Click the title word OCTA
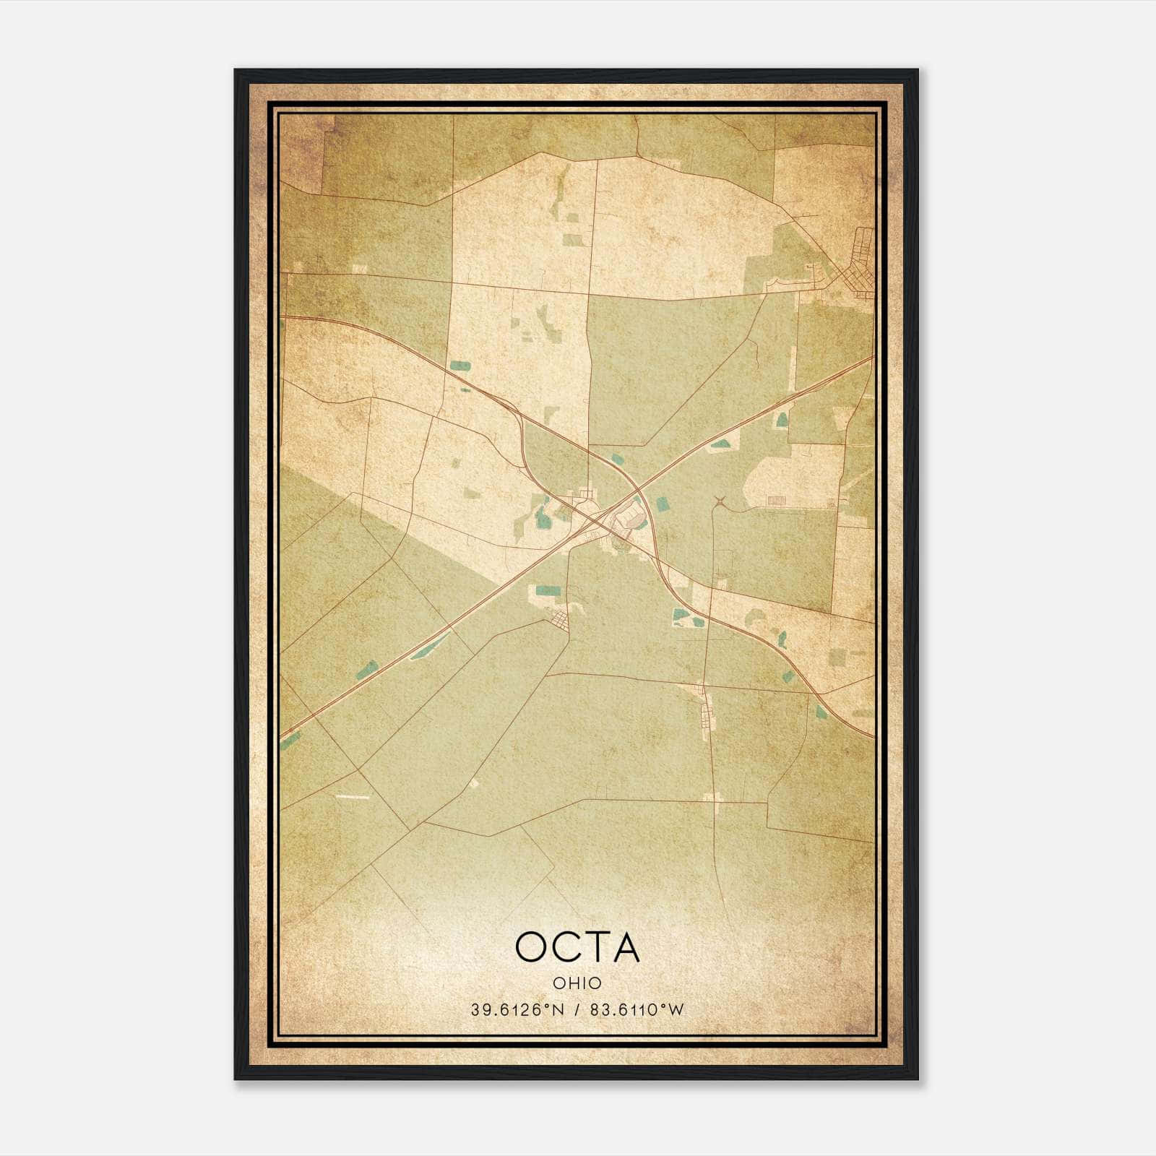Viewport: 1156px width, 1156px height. [577, 947]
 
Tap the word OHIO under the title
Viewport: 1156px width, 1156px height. [577, 983]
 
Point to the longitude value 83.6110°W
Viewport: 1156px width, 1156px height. [637, 1010]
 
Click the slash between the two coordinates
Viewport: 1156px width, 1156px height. [576, 1010]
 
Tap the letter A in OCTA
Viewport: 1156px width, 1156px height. [626, 947]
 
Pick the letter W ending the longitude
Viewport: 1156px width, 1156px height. [676, 1010]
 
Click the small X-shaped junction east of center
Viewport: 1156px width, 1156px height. [719, 500]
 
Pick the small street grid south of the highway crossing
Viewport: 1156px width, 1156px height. [559, 618]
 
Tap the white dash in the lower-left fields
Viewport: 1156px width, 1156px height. [353, 797]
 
